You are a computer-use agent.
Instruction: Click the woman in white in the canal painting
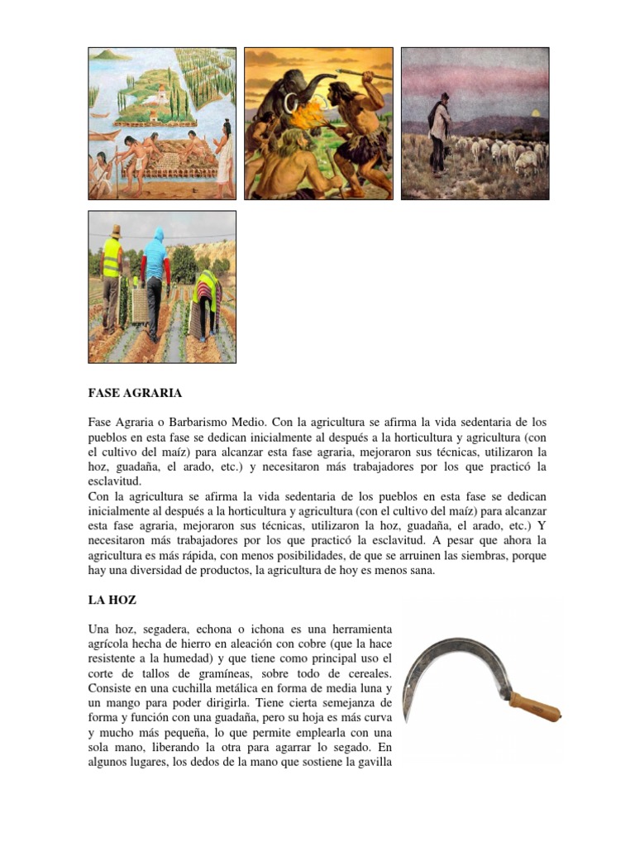[222, 157]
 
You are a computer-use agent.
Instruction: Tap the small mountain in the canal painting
[112, 55]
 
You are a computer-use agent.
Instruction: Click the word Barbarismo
[195, 423]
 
